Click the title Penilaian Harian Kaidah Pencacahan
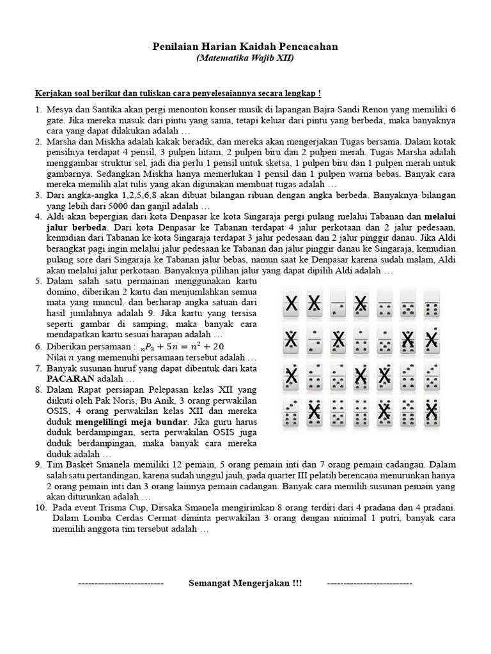[x=245, y=47]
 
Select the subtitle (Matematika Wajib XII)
[x=245, y=57]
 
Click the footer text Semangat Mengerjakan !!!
[x=245, y=584]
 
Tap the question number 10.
[x=40, y=506]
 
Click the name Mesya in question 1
[x=60, y=109]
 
